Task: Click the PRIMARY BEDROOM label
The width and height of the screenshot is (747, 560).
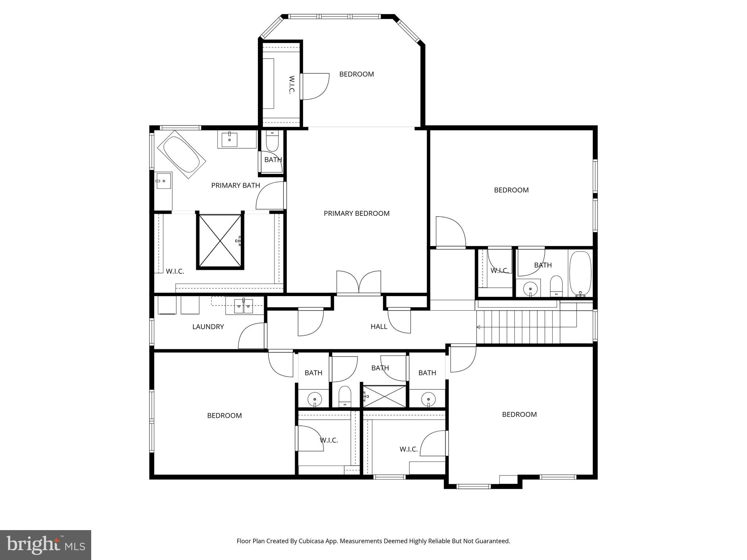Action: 356,213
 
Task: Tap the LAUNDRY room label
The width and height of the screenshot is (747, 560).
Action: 208,327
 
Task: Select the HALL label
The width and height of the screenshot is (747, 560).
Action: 379,327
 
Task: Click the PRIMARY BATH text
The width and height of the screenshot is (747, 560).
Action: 235,185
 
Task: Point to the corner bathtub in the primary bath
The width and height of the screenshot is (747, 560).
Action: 181,155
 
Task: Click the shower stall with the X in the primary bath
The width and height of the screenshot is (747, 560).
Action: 220,241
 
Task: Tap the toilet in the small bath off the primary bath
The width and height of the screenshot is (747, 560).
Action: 272,142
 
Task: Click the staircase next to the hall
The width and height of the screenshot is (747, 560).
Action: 525,327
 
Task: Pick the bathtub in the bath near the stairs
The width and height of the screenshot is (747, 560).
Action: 580,273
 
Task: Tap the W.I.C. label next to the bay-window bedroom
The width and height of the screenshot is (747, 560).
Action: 291,85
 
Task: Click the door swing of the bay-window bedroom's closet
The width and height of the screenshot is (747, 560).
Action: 315,86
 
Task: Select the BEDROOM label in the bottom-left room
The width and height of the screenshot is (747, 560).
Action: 224,416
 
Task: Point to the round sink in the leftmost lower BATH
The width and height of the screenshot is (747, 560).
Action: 314,399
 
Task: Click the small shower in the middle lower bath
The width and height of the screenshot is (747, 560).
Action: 384,396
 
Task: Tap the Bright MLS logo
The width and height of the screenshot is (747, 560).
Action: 45,545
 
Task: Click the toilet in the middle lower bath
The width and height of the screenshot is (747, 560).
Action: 345,397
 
